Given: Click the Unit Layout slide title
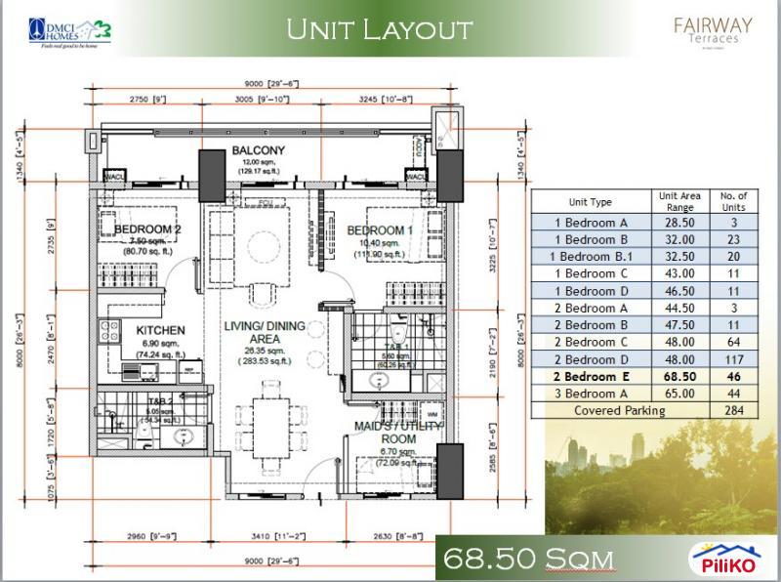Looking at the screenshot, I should click(x=379, y=30).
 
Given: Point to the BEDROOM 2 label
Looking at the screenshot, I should click(x=147, y=229).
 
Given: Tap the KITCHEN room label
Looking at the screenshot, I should click(x=154, y=331).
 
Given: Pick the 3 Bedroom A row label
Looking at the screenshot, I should click(x=590, y=393).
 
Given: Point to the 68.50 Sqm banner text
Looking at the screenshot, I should click(x=527, y=559).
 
